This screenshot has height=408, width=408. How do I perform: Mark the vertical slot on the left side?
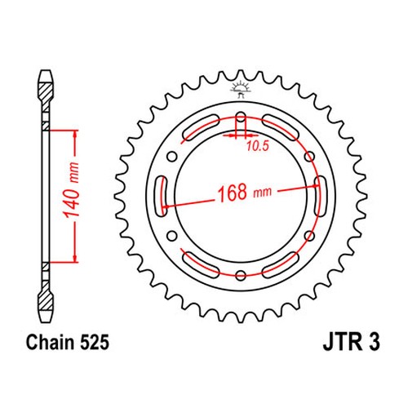point(162,196)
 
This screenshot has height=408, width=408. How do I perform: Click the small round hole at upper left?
point(171,157)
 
